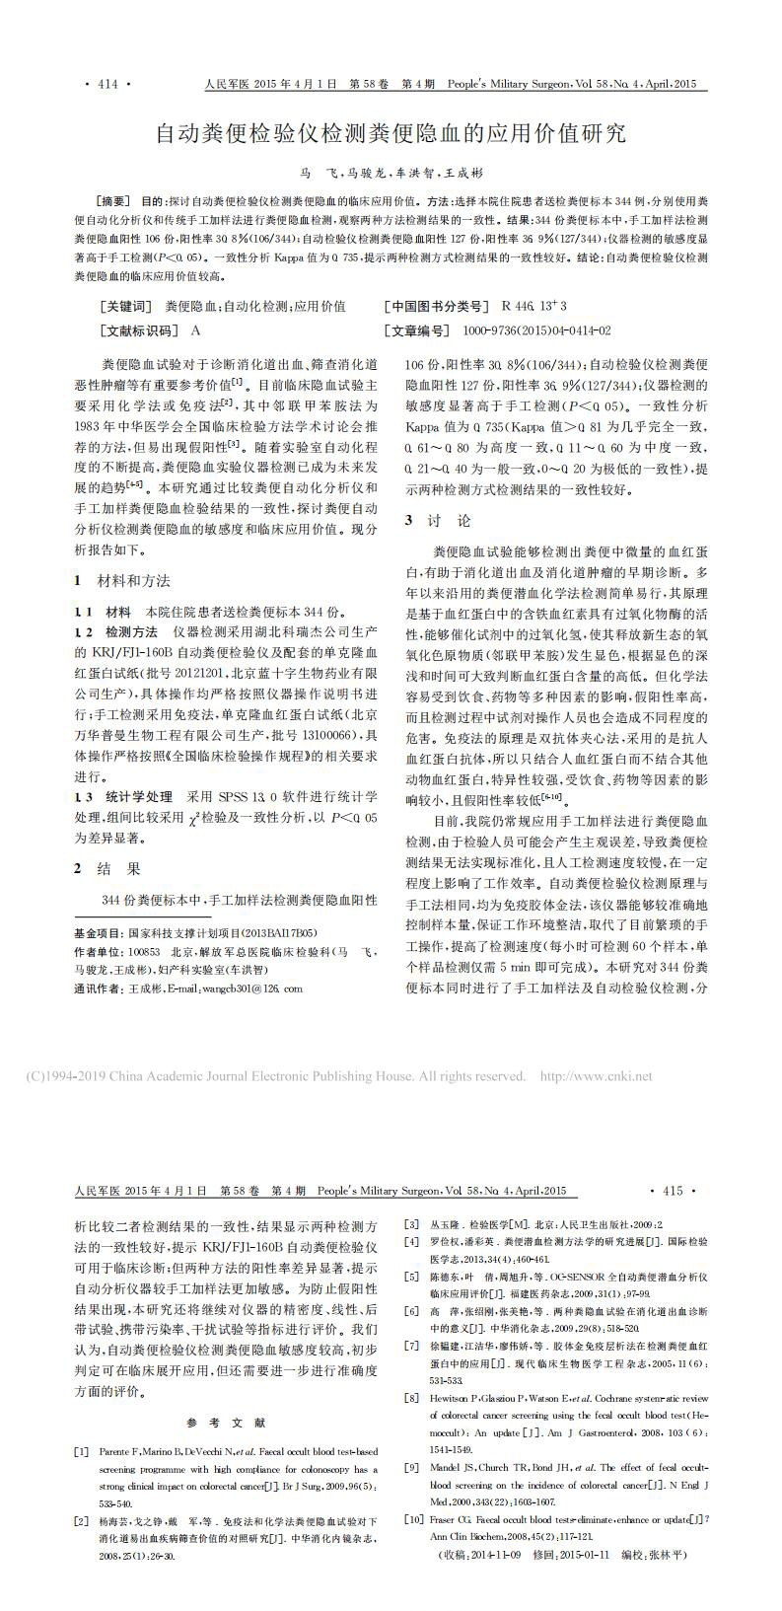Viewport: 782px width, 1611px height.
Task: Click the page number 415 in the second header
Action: tap(673, 1191)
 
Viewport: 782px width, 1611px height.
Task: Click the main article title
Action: tap(391, 133)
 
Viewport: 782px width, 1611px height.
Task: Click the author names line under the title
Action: tap(391, 172)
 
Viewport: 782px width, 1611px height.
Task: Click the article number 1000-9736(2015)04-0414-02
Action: tap(536, 330)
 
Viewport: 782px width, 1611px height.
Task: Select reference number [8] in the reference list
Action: tap(412, 1399)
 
